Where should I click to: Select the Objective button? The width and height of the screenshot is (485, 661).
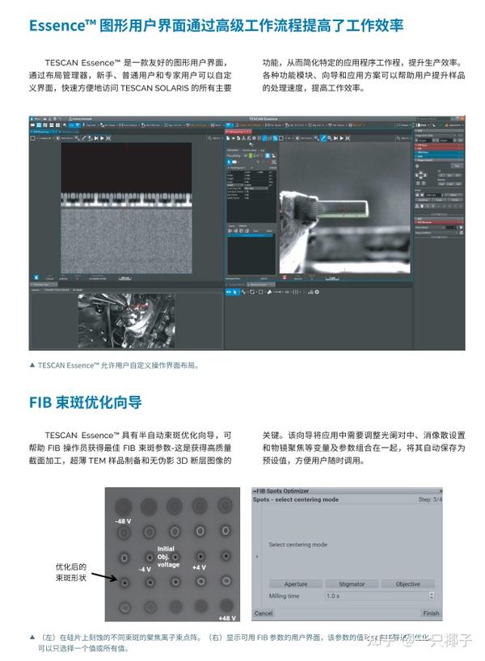click(407, 583)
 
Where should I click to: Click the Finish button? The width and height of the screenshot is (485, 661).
click(431, 613)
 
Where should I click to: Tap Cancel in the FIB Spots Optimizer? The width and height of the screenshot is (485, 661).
click(264, 613)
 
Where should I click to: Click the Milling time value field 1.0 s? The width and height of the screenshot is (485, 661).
click(376, 596)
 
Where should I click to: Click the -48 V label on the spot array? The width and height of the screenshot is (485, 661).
click(123, 521)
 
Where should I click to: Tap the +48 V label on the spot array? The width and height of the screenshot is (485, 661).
click(227, 618)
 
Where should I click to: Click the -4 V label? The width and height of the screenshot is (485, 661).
click(145, 569)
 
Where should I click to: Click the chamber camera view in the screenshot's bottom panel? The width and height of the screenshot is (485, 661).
click(125, 319)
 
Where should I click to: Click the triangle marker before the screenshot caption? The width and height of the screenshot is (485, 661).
click(32, 364)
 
